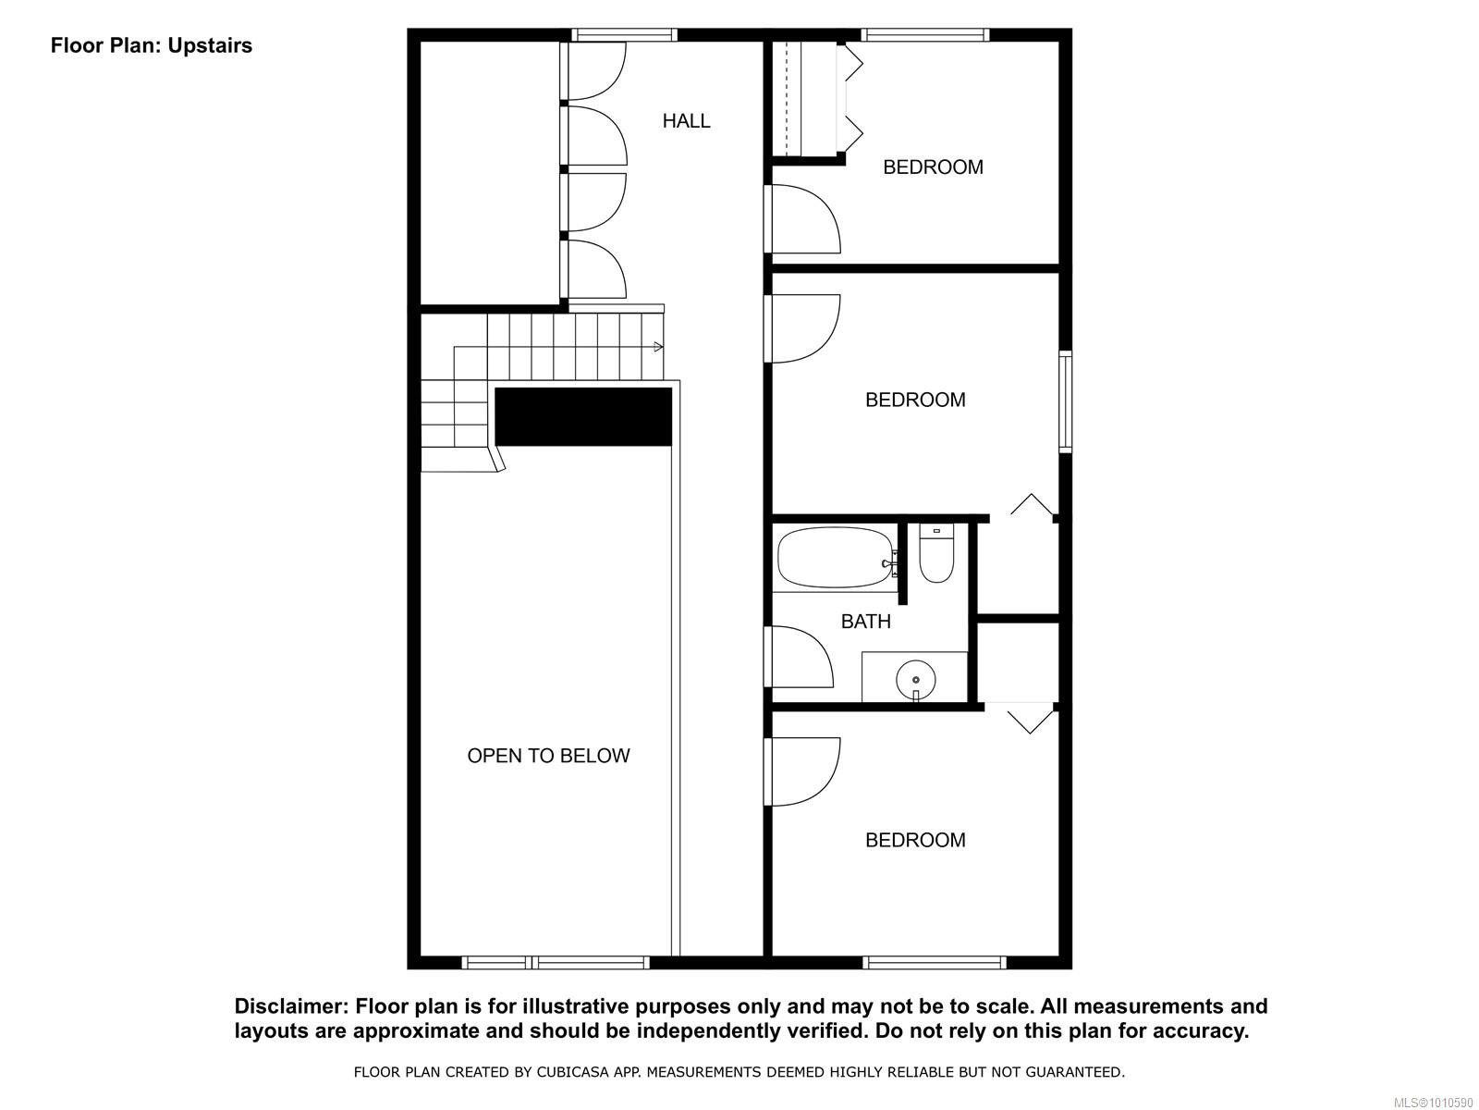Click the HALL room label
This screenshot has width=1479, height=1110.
686,121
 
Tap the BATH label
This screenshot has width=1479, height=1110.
866,622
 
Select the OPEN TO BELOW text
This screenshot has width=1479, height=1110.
548,756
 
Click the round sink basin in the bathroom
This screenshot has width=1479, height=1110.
915,680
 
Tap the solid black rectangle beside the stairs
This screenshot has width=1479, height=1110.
583,416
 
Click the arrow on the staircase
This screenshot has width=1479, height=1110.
657,347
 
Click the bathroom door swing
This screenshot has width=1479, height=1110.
801,657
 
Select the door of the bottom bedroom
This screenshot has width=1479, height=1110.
802,771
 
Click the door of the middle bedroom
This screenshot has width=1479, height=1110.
802,328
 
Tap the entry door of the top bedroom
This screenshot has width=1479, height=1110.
802,219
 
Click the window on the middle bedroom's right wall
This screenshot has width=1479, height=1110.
1065,401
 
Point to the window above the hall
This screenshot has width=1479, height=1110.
624,35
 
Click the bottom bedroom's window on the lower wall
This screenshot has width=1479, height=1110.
934,963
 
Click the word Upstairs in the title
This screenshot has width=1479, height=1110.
210,45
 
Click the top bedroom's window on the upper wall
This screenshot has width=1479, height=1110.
924,35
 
